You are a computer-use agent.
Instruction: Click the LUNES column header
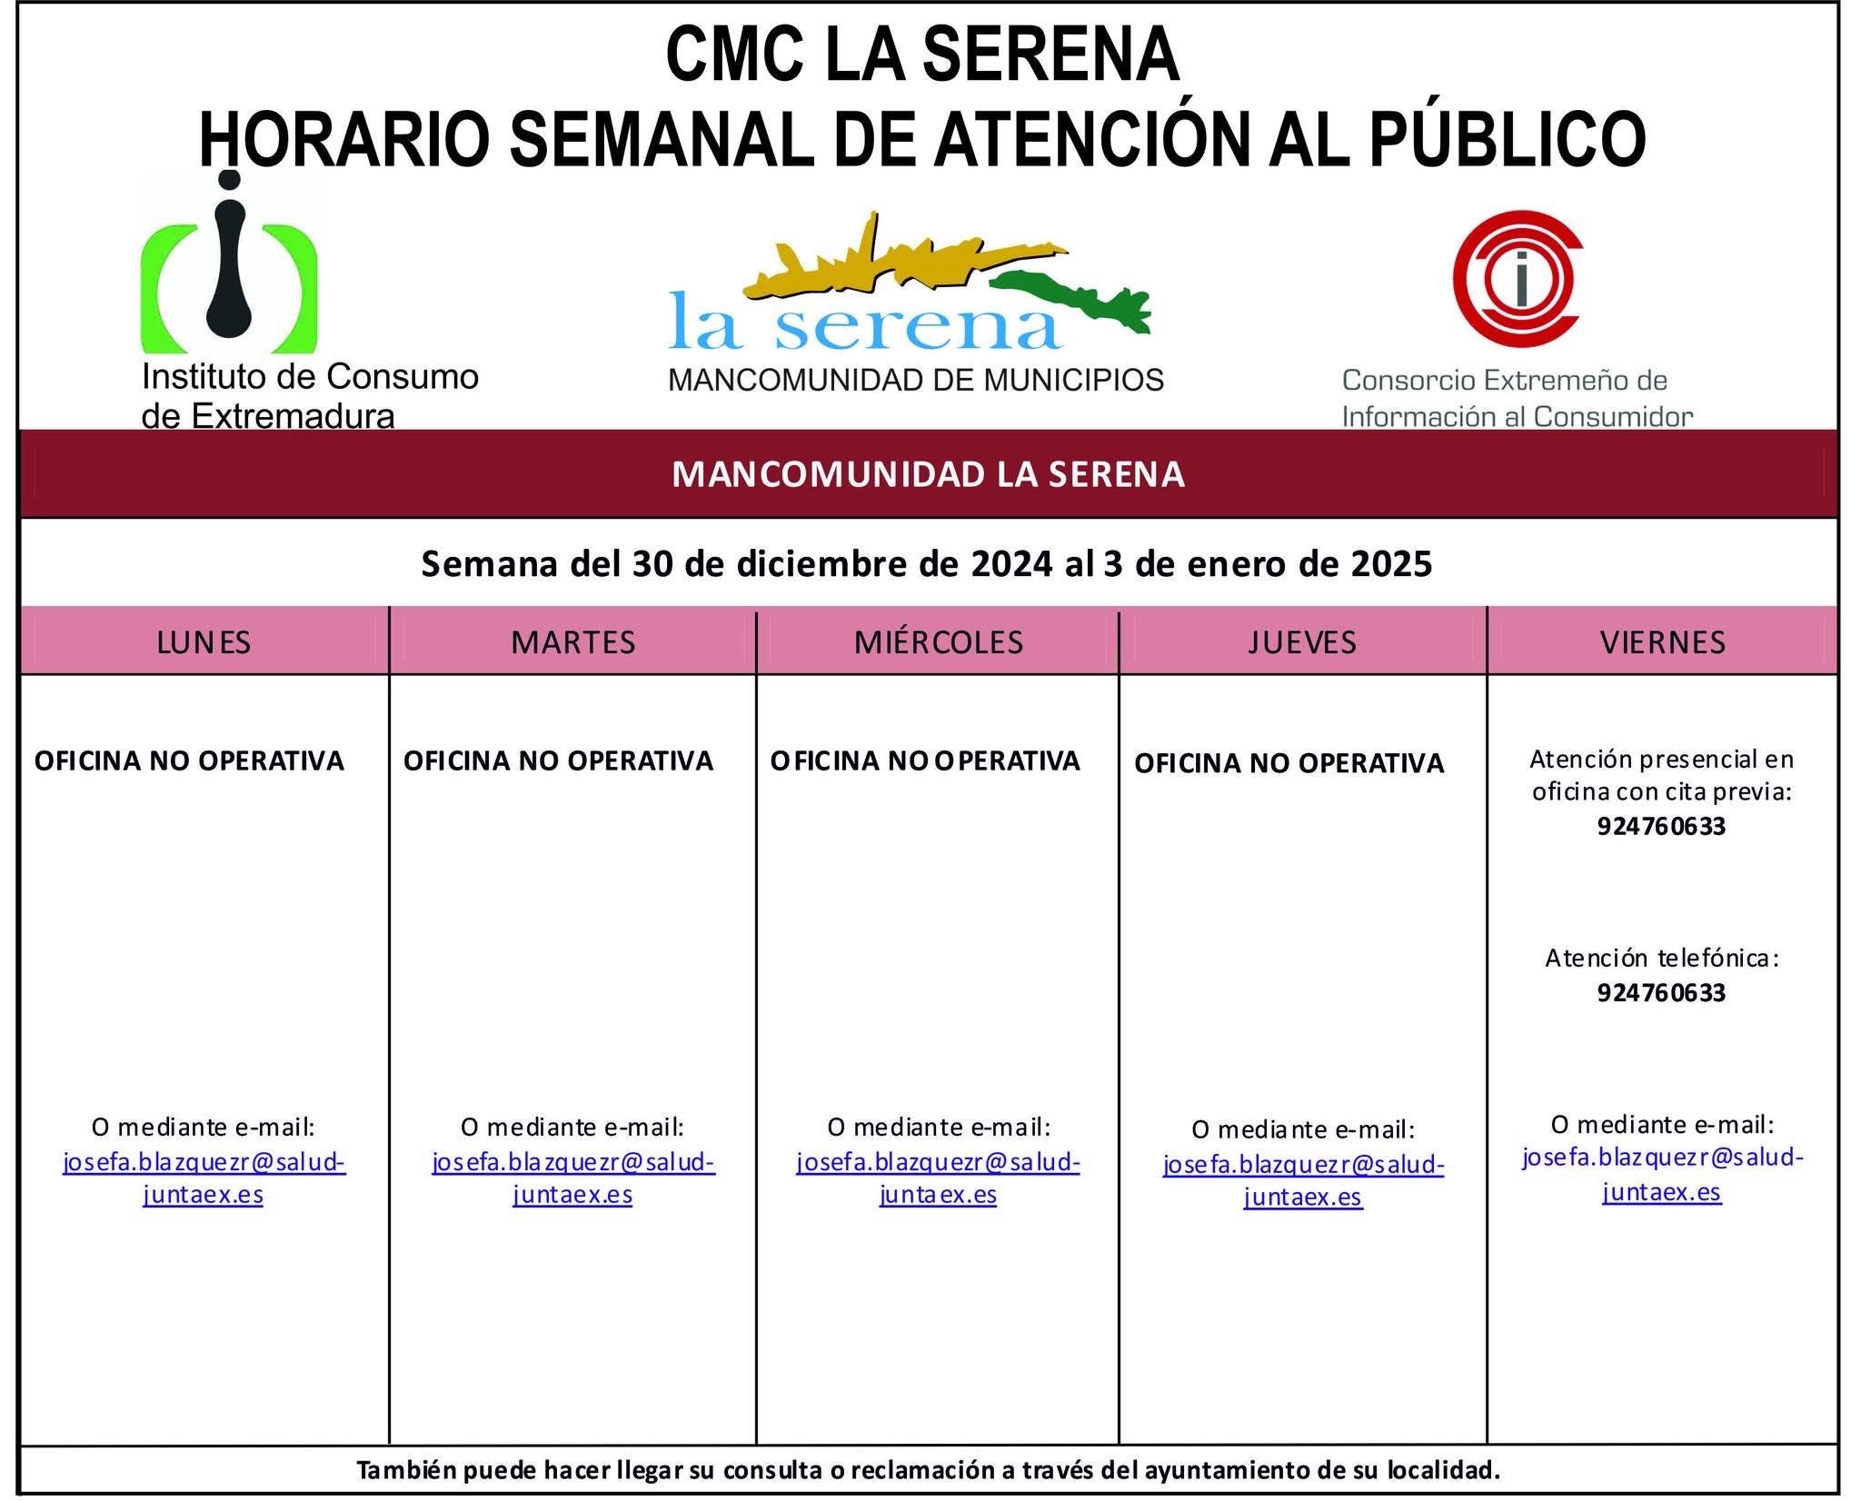pyautogui.click(x=204, y=642)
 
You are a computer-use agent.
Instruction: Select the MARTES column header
pyautogui.click(x=572, y=642)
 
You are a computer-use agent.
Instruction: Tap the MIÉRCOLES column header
pyautogui.click(x=938, y=642)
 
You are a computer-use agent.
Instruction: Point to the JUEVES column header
pyautogui.click(x=1302, y=642)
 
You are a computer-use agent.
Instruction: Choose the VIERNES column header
pyautogui.click(x=1662, y=642)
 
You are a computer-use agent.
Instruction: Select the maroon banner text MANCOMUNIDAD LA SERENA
pyautogui.click(x=928, y=475)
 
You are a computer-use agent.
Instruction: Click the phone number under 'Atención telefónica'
pyautogui.click(x=1661, y=992)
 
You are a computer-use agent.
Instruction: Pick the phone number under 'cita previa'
pyautogui.click(x=1661, y=827)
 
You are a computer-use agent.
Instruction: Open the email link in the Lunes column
pyautogui.click(x=204, y=1178)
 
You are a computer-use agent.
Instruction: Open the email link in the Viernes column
pyautogui.click(x=1662, y=1175)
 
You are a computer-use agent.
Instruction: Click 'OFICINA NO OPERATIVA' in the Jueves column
pyautogui.click(x=1289, y=763)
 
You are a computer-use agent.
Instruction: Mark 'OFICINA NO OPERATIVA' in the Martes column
pyautogui.click(x=558, y=760)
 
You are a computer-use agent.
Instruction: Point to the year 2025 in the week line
pyautogui.click(x=1391, y=564)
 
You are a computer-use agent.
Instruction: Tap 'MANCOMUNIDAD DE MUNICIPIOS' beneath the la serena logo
pyautogui.click(x=915, y=380)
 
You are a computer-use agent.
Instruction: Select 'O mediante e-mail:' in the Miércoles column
pyautogui.click(x=938, y=1128)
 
